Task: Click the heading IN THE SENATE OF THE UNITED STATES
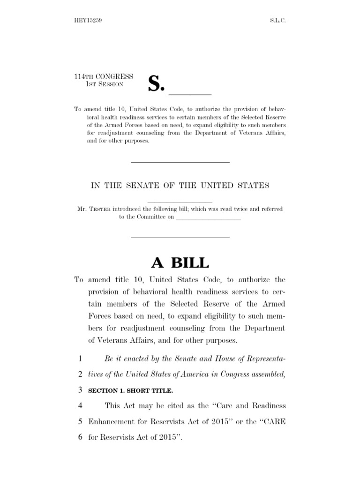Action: tap(180, 185)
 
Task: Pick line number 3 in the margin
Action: tap(80, 390)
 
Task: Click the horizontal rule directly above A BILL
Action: tap(180, 238)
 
